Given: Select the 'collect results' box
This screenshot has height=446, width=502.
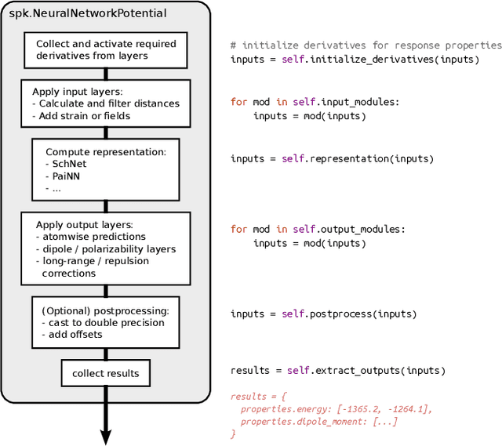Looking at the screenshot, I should point(105,373).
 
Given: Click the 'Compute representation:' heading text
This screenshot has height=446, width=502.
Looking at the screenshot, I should point(105,152).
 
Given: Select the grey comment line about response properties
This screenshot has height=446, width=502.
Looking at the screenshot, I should point(366,45).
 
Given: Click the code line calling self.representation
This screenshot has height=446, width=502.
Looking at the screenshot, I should point(332,158).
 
